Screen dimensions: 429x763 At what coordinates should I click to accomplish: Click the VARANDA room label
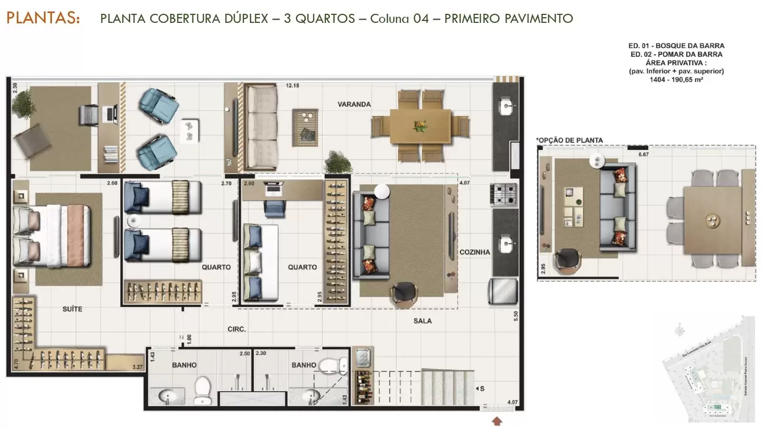[x=354, y=104]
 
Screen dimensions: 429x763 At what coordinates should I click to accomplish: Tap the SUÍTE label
[x=72, y=309]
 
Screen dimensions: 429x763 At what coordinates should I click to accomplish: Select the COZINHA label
[x=474, y=252]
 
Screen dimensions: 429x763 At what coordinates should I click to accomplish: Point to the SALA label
[x=423, y=321]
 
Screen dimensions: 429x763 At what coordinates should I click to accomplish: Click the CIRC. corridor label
[x=237, y=329]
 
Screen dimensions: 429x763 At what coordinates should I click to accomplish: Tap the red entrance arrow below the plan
[x=497, y=421]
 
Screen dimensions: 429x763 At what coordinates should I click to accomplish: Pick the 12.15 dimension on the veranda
[x=292, y=86]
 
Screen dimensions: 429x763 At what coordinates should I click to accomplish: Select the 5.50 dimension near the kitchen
[x=516, y=317]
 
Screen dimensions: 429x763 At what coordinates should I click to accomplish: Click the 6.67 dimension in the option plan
[x=644, y=154]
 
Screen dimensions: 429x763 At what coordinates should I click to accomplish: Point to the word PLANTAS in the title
[x=43, y=18]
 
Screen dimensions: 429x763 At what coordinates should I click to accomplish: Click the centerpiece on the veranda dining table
[x=421, y=126]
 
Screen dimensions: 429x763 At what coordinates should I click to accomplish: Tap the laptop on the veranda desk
[x=112, y=113]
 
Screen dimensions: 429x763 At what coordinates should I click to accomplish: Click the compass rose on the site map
[x=681, y=330]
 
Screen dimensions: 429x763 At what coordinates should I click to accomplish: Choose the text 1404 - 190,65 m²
[x=676, y=80]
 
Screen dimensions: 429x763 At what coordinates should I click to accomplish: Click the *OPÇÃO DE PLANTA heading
[x=569, y=140]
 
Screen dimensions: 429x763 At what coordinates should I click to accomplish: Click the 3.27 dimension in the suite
[x=137, y=367]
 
